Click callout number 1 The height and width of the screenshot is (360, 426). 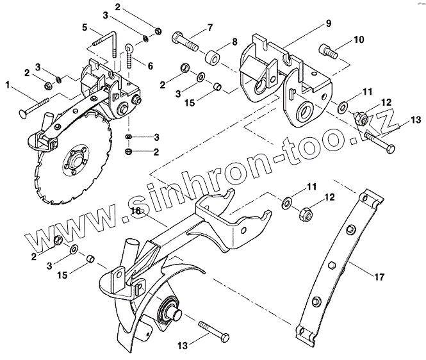pyautogui.click(x=7, y=83)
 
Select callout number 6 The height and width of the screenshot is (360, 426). pyautogui.click(x=151, y=66)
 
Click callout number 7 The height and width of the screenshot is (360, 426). pyautogui.click(x=209, y=28)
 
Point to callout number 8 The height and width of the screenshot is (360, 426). pyautogui.click(x=234, y=42)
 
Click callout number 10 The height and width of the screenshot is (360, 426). pyautogui.click(x=357, y=39)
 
